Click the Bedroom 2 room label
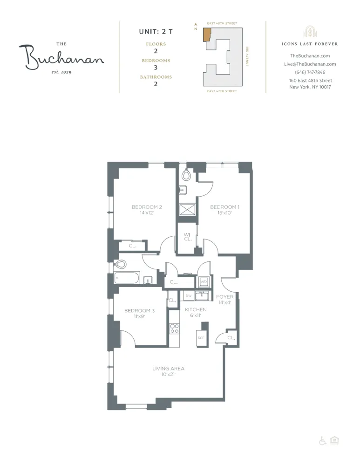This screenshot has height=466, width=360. (146, 207)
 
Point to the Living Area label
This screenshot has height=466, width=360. (168, 369)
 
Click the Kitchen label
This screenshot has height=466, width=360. (196, 309)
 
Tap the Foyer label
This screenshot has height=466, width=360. (224, 297)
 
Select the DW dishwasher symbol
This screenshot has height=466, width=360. (189, 296)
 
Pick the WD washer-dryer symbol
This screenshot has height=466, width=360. (204, 282)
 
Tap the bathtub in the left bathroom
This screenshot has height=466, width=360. (127, 279)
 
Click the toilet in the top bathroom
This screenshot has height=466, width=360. (186, 175)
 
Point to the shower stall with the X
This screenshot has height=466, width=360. (188, 210)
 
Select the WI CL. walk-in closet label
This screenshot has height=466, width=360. (188, 237)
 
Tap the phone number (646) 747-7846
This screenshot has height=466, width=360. (310, 72)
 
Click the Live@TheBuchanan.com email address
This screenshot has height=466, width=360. (310, 64)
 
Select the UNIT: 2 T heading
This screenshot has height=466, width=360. (156, 32)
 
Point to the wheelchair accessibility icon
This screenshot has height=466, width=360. (322, 441)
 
